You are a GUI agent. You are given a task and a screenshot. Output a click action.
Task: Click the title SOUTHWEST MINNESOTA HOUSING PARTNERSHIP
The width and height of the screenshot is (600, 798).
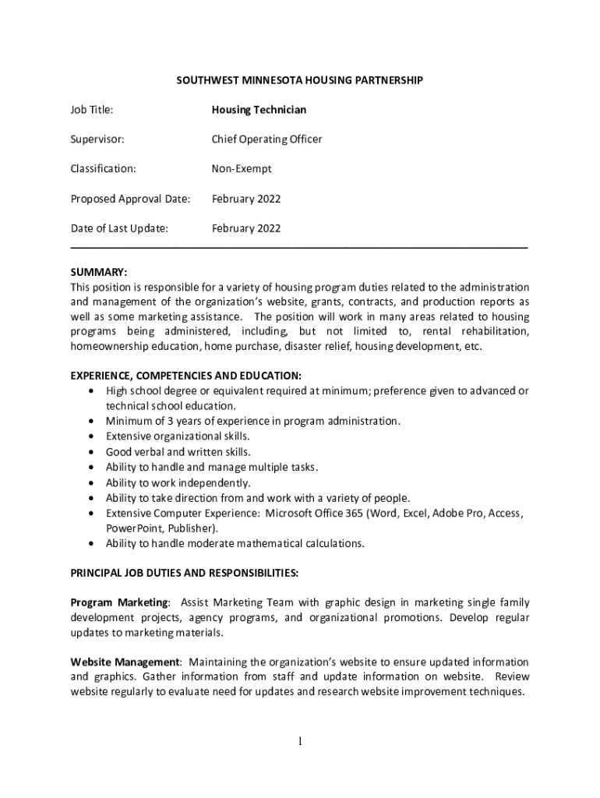coord(299,80)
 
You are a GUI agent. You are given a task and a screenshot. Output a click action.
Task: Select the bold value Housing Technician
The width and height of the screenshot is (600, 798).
coord(259,110)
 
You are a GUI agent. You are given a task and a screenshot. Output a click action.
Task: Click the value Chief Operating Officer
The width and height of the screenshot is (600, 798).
coord(266,139)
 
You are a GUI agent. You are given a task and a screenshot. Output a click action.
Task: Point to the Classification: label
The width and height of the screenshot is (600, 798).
coord(103,168)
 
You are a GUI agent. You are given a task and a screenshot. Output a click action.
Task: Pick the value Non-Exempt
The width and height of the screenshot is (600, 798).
coord(242,168)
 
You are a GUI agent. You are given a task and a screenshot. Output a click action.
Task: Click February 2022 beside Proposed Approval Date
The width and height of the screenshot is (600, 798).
coord(246,199)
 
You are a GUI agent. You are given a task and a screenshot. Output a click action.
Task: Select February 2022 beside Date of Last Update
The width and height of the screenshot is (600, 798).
coord(246,228)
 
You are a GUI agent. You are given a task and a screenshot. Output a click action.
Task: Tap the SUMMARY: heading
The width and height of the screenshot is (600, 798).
coord(99,273)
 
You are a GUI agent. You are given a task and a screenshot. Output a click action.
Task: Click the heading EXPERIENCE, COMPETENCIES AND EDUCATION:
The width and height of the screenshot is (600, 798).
coord(186,376)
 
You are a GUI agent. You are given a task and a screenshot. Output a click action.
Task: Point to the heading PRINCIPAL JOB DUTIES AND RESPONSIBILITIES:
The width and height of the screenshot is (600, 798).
coord(184,573)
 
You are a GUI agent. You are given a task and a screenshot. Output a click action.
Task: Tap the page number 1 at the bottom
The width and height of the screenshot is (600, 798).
coord(299,741)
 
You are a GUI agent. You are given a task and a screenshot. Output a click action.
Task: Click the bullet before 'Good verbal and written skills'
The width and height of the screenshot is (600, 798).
coord(94,452)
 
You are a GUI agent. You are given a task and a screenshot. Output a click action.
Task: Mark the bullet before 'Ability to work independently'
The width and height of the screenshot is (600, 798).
coord(94,482)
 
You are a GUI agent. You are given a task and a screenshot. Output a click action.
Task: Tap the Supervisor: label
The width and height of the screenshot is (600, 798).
coord(97,139)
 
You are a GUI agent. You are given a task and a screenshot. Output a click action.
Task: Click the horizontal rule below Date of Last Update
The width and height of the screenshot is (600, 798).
coord(299,246)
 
